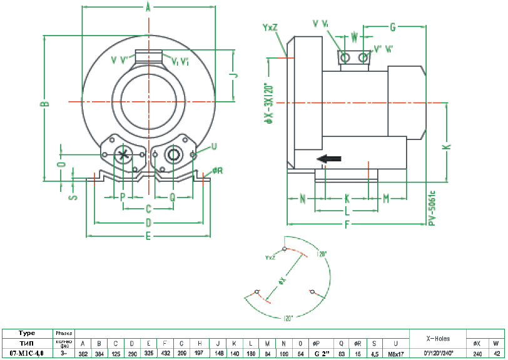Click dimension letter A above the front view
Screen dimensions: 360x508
(x=148, y=7)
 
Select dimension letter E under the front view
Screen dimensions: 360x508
(x=148, y=236)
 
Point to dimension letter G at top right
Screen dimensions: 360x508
(x=393, y=27)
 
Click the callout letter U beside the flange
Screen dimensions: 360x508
(x=214, y=146)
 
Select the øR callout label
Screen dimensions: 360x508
(x=217, y=170)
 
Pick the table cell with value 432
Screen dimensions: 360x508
(x=165, y=353)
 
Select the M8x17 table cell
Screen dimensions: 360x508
(x=395, y=353)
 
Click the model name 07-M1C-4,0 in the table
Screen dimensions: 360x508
(x=27, y=353)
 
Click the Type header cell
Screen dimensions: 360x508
(x=27, y=333)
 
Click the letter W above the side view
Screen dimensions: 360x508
(x=354, y=37)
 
